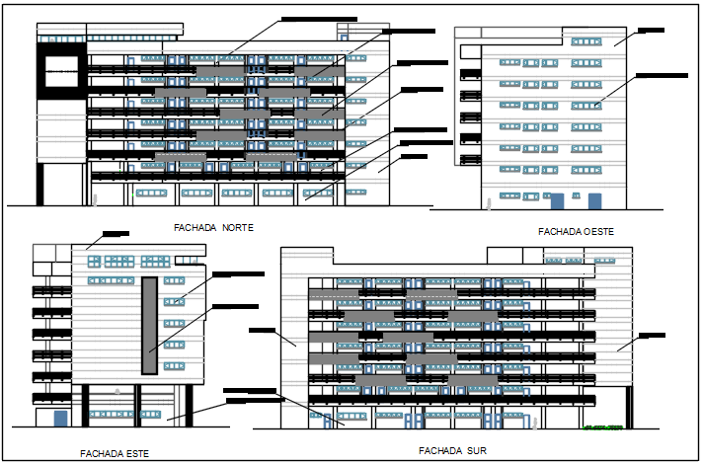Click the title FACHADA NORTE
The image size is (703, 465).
coord(214,227)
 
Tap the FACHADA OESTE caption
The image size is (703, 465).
coord(577,231)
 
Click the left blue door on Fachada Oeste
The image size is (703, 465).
coord(557,200)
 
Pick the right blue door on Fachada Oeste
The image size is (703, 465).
coord(594,200)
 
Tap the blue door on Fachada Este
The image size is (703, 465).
coord(60,419)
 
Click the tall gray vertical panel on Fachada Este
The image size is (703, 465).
coord(149,325)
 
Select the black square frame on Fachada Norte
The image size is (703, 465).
coord(62,77)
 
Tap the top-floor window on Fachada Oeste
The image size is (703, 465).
coord(586,41)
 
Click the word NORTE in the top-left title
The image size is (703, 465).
coord(238,227)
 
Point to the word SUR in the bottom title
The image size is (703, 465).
coord(480,450)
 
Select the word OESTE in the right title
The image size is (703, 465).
coord(596,231)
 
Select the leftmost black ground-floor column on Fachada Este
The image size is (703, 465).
coord(86,405)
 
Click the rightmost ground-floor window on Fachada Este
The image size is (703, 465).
coord(151,414)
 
